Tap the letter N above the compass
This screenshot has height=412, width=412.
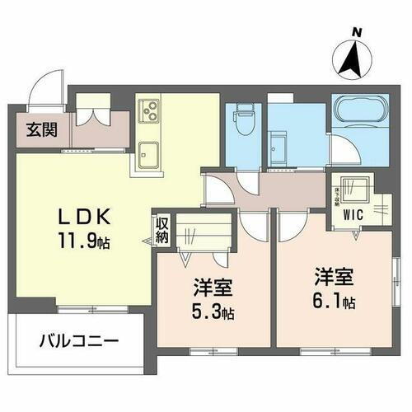point(357,32)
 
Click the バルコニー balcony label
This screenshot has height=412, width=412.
point(77,339)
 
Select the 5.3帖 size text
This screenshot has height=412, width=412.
point(212,313)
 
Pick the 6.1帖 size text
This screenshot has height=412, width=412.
point(333,302)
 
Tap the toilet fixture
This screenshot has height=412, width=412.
point(242,121)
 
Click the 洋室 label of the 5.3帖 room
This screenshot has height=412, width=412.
point(212,288)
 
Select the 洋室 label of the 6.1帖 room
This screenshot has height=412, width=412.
point(333,278)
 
